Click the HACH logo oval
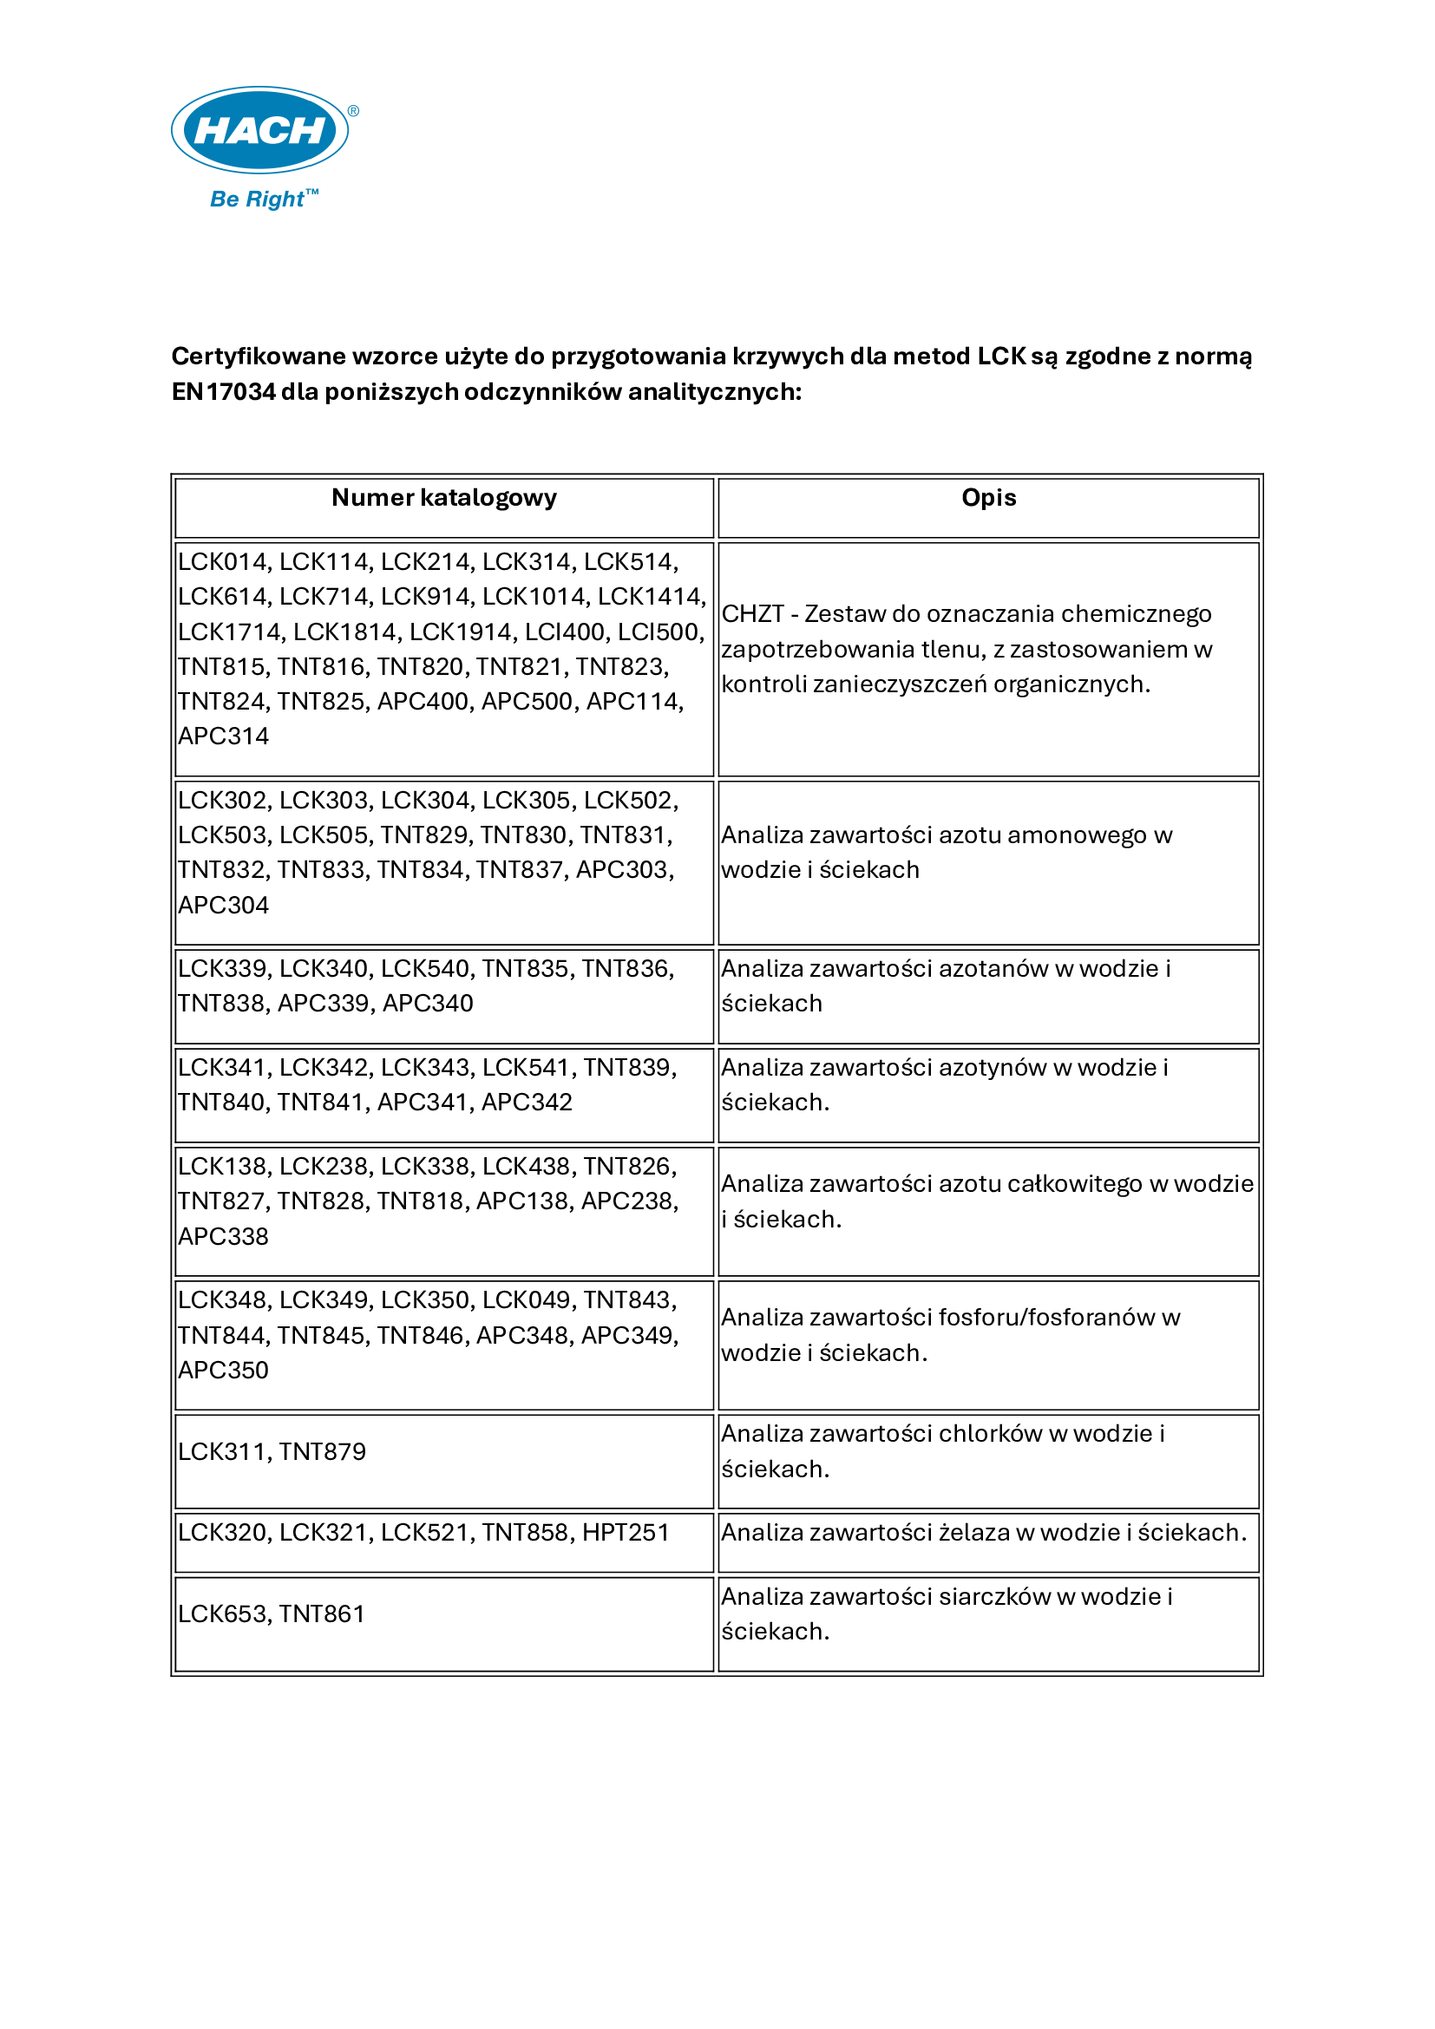click(259, 130)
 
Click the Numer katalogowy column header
click(443, 499)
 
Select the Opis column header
click(988, 499)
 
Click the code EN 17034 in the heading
click(224, 391)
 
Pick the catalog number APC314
click(224, 736)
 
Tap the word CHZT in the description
click(753, 614)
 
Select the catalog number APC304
click(224, 905)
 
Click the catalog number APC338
click(224, 1236)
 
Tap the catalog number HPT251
click(626, 1532)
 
